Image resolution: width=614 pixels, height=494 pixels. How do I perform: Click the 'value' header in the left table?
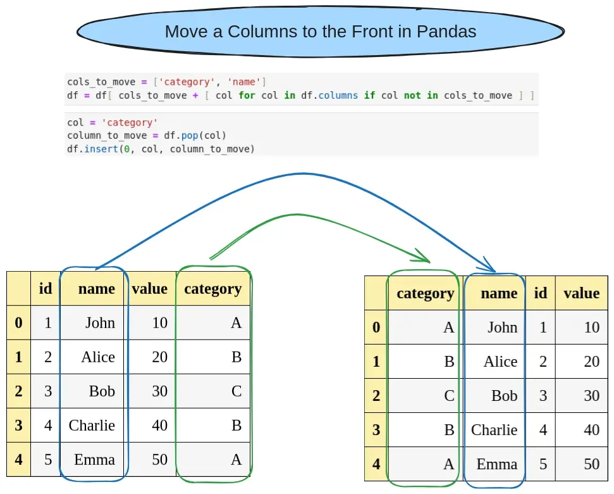point(150,289)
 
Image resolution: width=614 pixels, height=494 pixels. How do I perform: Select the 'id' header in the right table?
point(541,293)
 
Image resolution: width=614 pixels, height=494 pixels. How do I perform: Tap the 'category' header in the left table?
point(212,289)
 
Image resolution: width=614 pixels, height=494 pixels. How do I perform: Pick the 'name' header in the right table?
point(499,293)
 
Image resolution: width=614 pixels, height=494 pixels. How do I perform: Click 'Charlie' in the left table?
point(92,425)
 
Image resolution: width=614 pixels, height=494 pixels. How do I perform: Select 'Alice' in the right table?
point(500,361)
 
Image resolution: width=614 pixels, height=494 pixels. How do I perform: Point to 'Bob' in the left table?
point(102,391)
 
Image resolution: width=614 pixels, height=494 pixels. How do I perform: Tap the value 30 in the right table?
point(591,395)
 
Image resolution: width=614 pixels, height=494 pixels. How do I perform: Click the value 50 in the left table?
point(159,459)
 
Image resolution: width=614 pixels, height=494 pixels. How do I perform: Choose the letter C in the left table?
point(236,391)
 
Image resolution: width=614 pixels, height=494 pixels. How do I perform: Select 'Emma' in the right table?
point(496,464)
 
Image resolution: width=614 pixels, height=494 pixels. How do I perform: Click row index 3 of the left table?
point(18,425)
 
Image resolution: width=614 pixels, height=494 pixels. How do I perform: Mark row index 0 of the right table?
point(376,327)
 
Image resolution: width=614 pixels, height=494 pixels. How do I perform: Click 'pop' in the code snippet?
point(193,136)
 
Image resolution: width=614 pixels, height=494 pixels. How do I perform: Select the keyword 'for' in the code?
point(247,96)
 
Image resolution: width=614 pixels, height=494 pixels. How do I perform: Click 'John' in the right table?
point(502,327)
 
